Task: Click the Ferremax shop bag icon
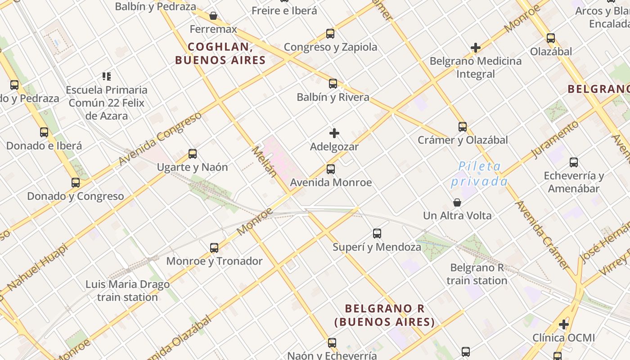pyautogui.click(x=213, y=16)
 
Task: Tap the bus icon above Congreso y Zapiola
pyautogui.click(x=330, y=34)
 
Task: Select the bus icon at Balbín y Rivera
pyautogui.click(x=333, y=84)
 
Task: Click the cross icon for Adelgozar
pyautogui.click(x=334, y=133)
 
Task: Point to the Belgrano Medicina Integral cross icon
pyautogui.click(x=476, y=48)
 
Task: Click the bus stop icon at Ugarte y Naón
pyautogui.click(x=193, y=154)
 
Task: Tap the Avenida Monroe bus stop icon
pyautogui.click(x=331, y=169)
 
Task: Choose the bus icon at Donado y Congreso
pyautogui.click(x=76, y=183)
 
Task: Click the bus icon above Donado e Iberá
pyautogui.click(x=44, y=132)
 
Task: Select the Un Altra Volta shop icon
pyautogui.click(x=457, y=202)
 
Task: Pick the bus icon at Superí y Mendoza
pyautogui.click(x=377, y=234)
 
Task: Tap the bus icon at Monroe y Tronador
pyautogui.click(x=214, y=248)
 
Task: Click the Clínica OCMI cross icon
pyautogui.click(x=564, y=324)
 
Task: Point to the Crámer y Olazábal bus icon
pyautogui.click(x=463, y=127)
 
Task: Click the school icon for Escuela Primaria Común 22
pyautogui.click(x=107, y=76)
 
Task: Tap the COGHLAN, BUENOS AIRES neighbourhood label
pyautogui.click(x=220, y=53)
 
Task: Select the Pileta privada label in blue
pyautogui.click(x=479, y=174)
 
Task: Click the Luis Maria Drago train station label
pyautogui.click(x=128, y=291)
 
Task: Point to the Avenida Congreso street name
pyautogui.click(x=160, y=139)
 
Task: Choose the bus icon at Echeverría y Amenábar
pyautogui.click(x=574, y=162)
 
